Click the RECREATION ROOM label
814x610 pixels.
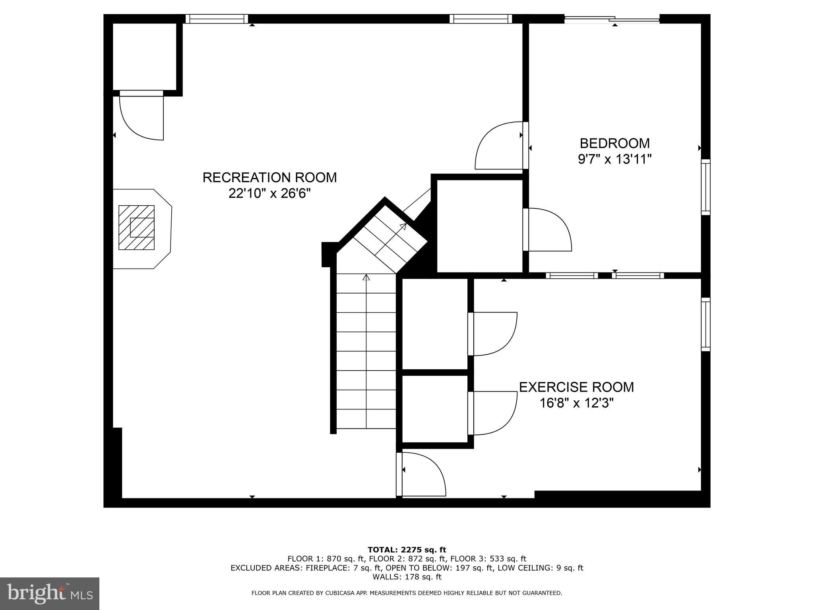(269, 178)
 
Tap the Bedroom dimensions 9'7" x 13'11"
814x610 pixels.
(614, 159)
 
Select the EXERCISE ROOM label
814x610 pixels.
(576, 387)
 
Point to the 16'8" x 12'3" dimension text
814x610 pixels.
(576, 403)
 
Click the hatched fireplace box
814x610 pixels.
(136, 228)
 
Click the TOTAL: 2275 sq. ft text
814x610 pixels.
(407, 550)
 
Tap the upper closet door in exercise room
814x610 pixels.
(493, 334)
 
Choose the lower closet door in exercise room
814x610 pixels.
(493, 413)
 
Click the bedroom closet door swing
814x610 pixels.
(548, 230)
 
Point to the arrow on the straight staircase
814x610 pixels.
(366, 277)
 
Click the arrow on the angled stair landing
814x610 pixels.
(403, 226)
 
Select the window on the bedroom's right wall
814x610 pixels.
(705, 187)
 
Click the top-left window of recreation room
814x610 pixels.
(217, 19)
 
